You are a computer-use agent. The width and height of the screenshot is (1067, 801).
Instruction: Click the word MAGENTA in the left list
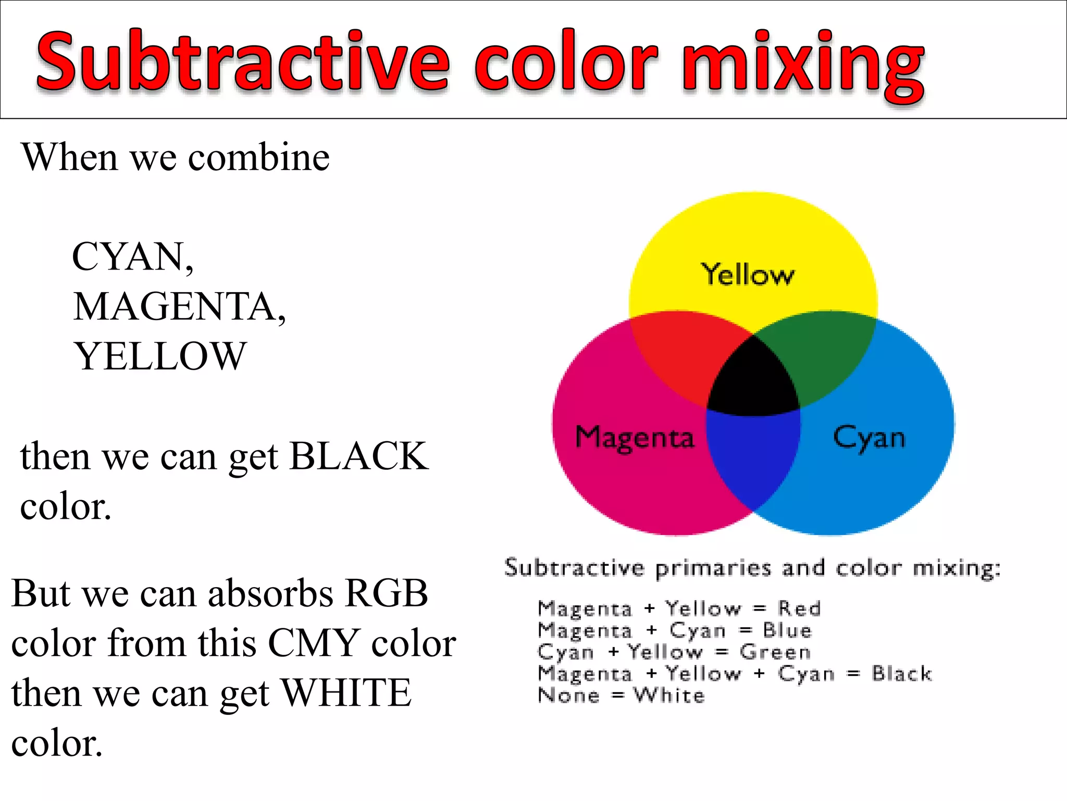click(175, 307)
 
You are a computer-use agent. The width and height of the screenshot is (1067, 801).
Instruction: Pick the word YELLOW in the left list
click(159, 356)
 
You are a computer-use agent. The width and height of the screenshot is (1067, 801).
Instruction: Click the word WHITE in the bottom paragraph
click(346, 693)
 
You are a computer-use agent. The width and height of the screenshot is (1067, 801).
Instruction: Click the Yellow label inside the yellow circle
click(747, 274)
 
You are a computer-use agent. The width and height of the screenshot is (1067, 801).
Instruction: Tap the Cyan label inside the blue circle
click(869, 438)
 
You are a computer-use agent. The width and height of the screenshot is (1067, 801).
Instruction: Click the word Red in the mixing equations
click(799, 608)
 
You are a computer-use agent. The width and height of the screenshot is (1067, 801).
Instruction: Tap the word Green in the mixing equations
click(775, 652)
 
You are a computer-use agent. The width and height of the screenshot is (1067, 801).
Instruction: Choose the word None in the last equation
click(568, 695)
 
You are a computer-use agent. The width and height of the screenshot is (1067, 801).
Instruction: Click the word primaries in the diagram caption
click(713, 568)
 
